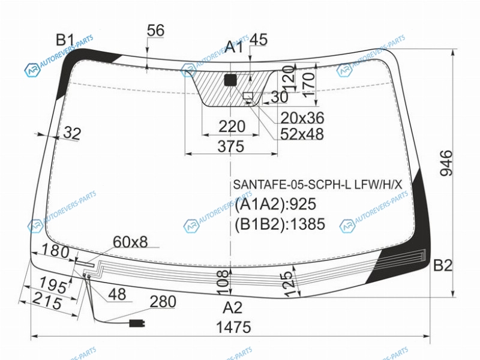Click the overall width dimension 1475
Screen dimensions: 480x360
click(233, 327)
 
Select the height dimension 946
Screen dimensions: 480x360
click(446, 163)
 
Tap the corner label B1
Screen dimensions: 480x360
click(65, 40)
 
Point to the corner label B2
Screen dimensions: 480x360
click(443, 265)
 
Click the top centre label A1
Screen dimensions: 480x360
click(234, 47)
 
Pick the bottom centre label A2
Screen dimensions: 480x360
click(233, 308)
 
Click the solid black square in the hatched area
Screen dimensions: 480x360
click(230, 80)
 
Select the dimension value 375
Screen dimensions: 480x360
click(231, 146)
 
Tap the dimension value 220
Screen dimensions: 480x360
click(232, 127)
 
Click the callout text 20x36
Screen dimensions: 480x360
click(302, 118)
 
